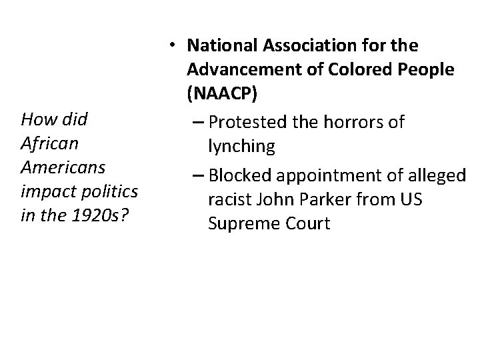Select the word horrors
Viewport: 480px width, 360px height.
click(359, 121)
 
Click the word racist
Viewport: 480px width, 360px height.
click(227, 199)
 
